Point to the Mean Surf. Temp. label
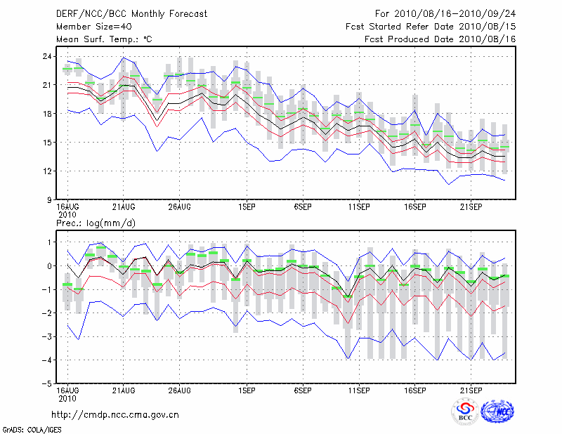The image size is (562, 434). pyautogui.click(x=104, y=39)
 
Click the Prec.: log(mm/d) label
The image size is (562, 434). pyautogui.click(x=95, y=223)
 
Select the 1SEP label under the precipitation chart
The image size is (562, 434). pyautogui.click(x=247, y=390)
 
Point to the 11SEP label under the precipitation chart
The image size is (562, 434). pyautogui.click(x=359, y=390)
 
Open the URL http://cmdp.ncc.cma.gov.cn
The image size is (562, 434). pyautogui.click(x=116, y=414)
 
